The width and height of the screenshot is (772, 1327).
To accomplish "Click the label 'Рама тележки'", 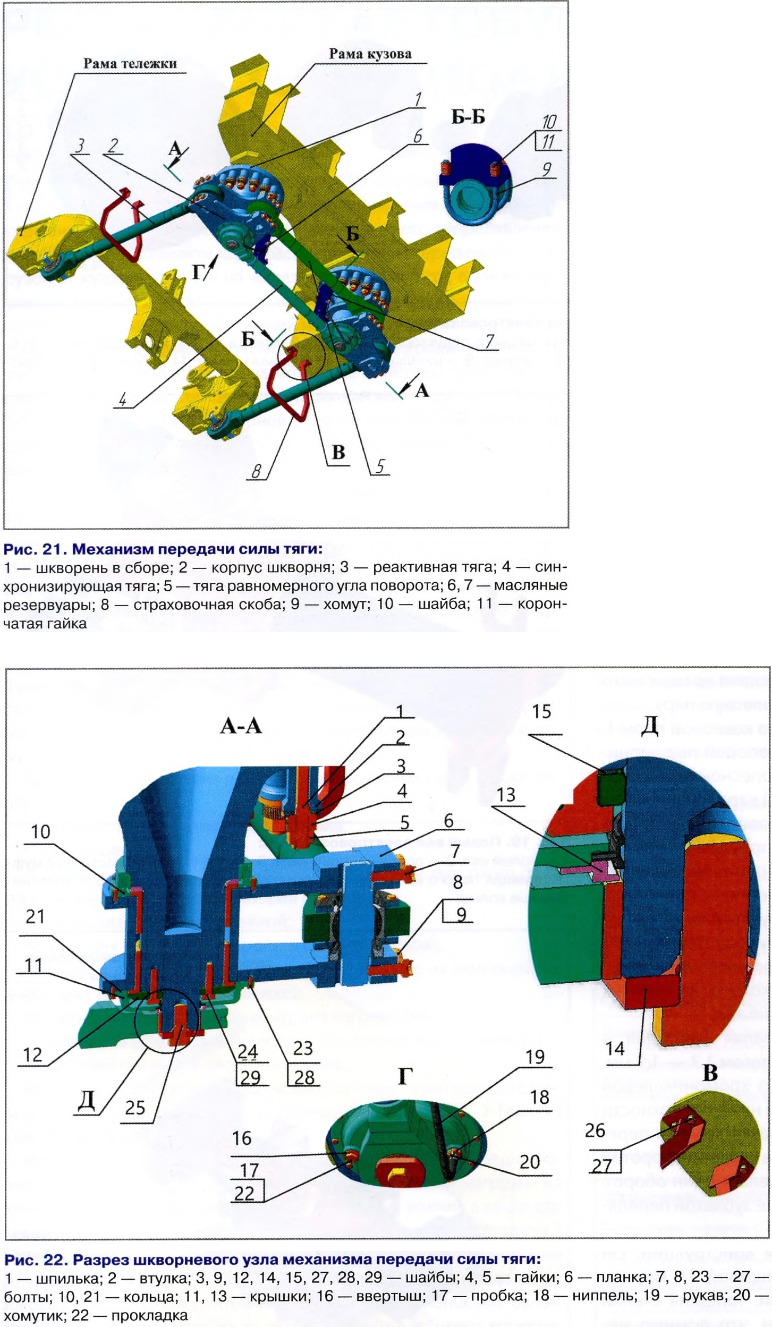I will [x=130, y=64].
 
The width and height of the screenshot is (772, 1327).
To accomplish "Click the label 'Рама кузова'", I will [x=370, y=54].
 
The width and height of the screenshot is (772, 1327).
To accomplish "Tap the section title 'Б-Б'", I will [x=468, y=117].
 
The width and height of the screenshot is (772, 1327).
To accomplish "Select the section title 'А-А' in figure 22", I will [x=241, y=726].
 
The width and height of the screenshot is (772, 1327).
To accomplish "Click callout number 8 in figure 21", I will [x=257, y=471].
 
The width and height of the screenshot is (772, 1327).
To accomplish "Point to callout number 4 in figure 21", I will [x=123, y=399].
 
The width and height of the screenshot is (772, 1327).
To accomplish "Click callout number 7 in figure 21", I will [x=489, y=341].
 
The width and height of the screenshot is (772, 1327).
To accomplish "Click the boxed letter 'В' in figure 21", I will [x=338, y=453].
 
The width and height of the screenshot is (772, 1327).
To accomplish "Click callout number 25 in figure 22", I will [x=135, y=1108].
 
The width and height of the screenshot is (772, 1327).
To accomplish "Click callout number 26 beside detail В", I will [x=595, y=1131].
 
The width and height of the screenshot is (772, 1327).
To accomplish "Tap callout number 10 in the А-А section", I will [x=40, y=832].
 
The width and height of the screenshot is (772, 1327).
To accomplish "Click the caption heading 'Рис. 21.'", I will [x=36, y=548].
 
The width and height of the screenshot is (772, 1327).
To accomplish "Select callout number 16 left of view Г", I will [x=242, y=1138].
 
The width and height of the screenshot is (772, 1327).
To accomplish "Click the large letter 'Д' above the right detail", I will [x=650, y=726].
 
